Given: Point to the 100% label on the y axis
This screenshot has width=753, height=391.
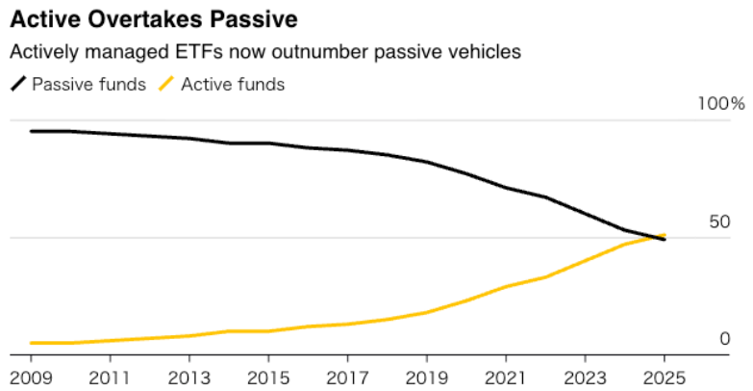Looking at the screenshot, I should click(721, 104).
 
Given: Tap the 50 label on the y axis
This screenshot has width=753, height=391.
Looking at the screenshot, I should click(719, 222).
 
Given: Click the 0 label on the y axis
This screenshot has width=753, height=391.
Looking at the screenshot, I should click(725, 339).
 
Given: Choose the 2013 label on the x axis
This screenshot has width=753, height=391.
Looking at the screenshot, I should click(188, 376).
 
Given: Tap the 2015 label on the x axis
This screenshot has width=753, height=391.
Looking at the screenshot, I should click(266, 376).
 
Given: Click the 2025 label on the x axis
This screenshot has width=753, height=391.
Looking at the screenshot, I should click(664, 376).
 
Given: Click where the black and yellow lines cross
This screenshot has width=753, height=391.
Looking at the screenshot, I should click(656, 237).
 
